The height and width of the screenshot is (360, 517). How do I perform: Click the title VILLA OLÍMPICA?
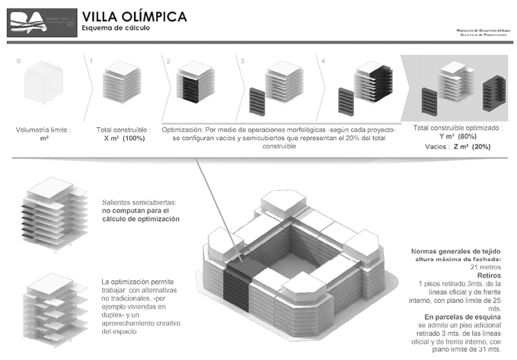126,17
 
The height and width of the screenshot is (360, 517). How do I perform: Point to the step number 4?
323,60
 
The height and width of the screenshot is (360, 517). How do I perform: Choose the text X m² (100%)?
122,139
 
